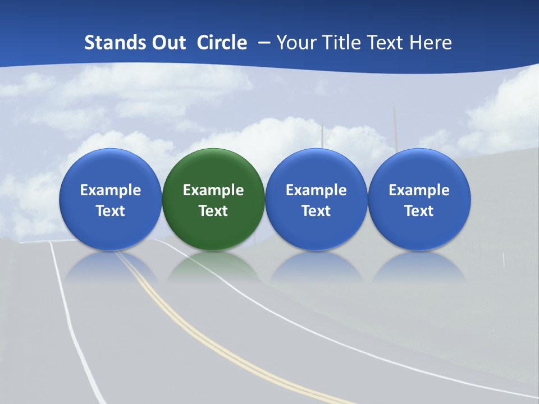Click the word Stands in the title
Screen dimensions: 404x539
pyautogui.click(x=107, y=43)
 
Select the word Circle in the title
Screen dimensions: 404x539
pyautogui.click(x=222, y=43)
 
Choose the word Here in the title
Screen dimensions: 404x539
pyautogui.click(x=431, y=43)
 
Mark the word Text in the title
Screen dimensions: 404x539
pyautogui.click(x=385, y=43)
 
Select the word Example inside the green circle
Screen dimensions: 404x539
pyautogui.click(x=213, y=190)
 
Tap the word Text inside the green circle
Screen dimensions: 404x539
pyautogui.click(x=213, y=211)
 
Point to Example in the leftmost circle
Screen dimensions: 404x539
pyautogui.click(x=110, y=190)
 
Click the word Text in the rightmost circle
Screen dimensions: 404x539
pyautogui.click(x=419, y=211)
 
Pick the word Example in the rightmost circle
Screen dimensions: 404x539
pyautogui.click(x=419, y=190)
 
